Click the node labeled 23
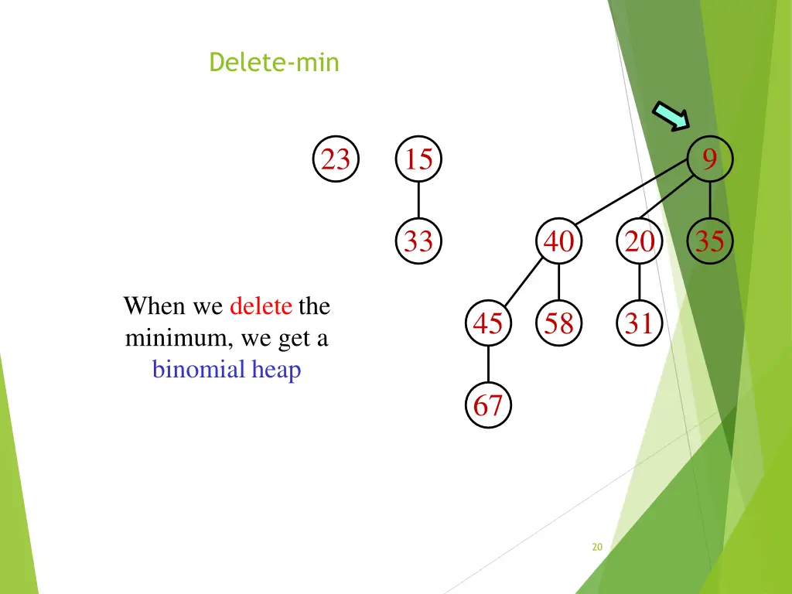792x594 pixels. tap(336, 160)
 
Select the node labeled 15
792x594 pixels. tap(418, 160)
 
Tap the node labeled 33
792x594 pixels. tap(418, 242)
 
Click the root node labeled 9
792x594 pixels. tap(709, 160)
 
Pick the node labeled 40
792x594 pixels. tap(558, 242)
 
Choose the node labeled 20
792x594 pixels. tap(639, 242)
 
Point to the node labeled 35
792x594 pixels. tap(709, 242)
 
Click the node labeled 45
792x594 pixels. tap(488, 323)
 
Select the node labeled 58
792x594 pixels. tap(558, 323)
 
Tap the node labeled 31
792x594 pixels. tap(639, 323)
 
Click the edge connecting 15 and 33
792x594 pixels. tap(418, 201)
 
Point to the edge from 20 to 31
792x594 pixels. tap(639, 282)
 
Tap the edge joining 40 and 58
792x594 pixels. tap(558, 282)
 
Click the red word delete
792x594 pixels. tap(261, 306)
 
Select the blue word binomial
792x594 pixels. tap(199, 370)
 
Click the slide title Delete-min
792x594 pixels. tap(274, 62)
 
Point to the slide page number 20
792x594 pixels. tap(596, 547)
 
